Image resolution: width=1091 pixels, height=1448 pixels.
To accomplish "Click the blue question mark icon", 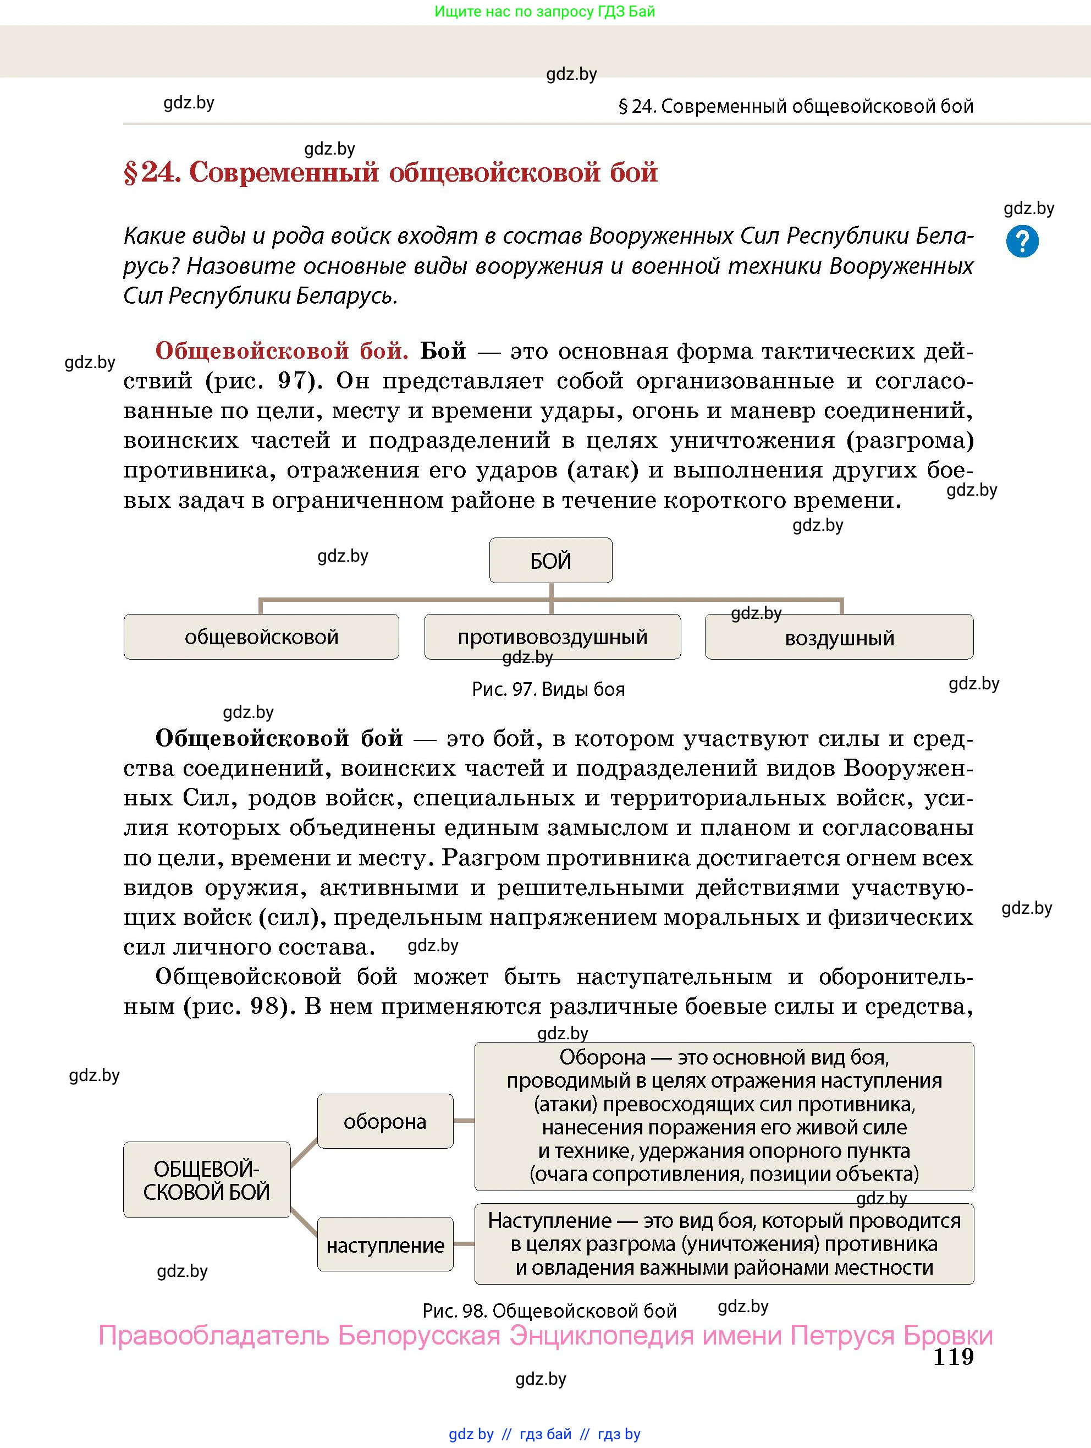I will (1022, 241).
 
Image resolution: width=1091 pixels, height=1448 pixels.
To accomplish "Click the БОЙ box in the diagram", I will (550, 561).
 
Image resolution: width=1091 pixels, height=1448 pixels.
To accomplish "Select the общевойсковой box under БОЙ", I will (261, 637).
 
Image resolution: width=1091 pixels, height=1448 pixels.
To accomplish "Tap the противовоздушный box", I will (552, 637).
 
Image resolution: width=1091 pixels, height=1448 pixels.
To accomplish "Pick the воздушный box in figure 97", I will (839, 637).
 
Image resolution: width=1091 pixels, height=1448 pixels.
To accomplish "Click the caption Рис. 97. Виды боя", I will (548, 689).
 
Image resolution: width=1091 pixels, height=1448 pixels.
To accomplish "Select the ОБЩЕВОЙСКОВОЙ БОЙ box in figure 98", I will (207, 1180).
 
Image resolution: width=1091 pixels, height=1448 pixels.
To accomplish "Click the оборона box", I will (385, 1121).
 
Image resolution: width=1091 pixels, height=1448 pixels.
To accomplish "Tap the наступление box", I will (385, 1244).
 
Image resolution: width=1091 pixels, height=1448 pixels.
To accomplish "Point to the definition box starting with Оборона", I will (724, 1116).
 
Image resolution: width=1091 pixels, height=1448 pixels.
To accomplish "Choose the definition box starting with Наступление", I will (724, 1243).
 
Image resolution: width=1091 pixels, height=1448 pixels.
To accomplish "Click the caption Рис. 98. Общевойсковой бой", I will (549, 1310).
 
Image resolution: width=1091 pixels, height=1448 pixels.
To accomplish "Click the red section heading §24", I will (390, 172).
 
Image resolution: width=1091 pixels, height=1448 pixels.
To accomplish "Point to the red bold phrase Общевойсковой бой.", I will (282, 351).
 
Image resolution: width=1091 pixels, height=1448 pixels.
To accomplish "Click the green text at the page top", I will (544, 11).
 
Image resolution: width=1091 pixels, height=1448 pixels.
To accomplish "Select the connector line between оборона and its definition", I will (464, 1121).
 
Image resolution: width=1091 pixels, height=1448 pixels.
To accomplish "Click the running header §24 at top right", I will (796, 106).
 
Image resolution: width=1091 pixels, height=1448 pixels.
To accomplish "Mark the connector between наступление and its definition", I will (464, 1244).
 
